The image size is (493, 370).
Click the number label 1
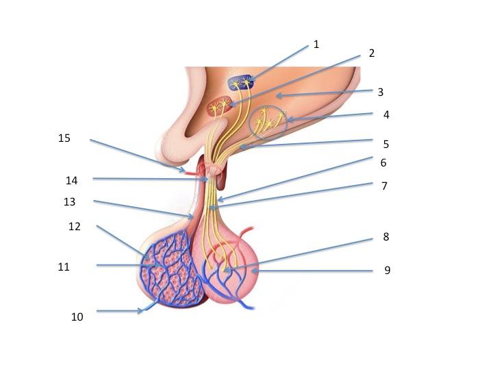316,45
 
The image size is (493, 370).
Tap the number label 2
372,53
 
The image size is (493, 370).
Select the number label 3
381,91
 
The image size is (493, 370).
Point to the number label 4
386,115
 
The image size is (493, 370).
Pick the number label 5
386,144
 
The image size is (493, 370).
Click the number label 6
383,163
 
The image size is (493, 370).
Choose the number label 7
385,186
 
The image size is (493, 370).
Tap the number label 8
386,238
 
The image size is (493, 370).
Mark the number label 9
387,271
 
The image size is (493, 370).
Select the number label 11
64,267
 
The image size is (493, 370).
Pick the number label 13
68,202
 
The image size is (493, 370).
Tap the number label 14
72,181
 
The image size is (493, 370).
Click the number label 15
64,138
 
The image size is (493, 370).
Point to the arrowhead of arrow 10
142,311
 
